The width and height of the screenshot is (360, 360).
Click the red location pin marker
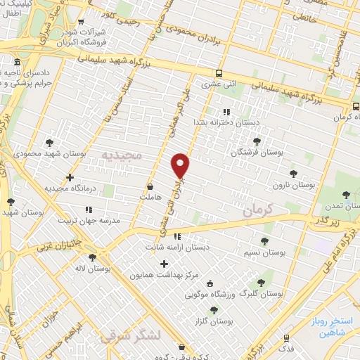coord(181,165)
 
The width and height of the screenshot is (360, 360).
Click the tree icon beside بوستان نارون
coord(293,174)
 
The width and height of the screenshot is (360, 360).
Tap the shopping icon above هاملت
coord(150,188)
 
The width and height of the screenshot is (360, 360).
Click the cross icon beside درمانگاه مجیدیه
coord(70,177)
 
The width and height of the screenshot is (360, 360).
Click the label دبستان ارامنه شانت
coord(177,247)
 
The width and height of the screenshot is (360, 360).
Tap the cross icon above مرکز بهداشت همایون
coord(165,264)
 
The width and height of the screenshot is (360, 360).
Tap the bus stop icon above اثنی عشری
coord(220,73)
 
